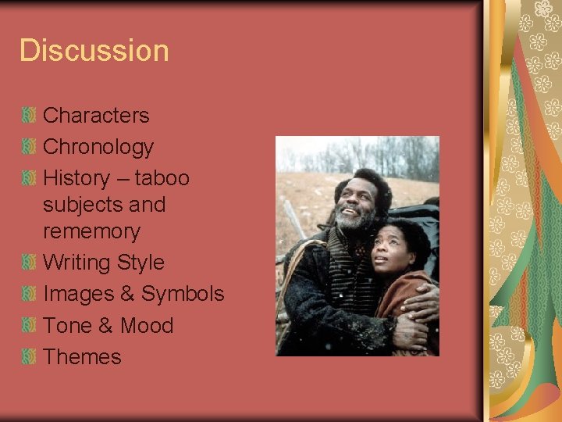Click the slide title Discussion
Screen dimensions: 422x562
[x=94, y=51]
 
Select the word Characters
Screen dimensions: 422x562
[x=96, y=116]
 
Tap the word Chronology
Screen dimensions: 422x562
[x=98, y=147]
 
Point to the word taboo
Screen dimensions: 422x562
[x=162, y=178]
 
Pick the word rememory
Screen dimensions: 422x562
[x=91, y=231]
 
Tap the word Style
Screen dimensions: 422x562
[x=137, y=263]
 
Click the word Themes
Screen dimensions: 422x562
[x=82, y=357]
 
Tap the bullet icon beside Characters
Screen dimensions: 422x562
[x=29, y=116]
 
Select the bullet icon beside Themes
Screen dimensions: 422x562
[x=29, y=357]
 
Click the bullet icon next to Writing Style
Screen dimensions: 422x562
[x=29, y=263]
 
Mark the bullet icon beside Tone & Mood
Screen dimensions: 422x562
[x=29, y=325]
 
